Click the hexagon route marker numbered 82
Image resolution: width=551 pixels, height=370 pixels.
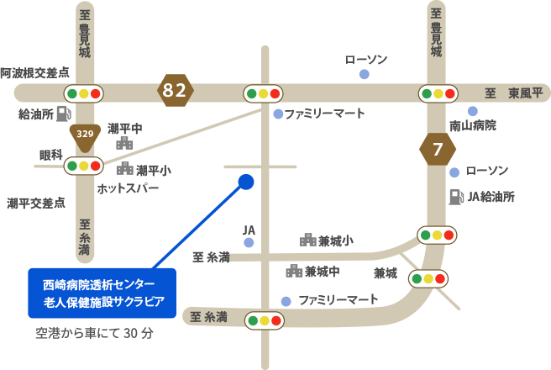click(x=175, y=90)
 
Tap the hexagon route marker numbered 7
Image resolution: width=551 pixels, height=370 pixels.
click(x=437, y=151)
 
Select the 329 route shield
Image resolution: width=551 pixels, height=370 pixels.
click(x=84, y=135)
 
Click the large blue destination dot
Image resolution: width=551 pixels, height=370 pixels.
click(x=245, y=182)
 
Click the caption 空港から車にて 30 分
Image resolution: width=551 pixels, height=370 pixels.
click(x=94, y=333)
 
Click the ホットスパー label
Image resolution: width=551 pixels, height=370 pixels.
click(x=128, y=188)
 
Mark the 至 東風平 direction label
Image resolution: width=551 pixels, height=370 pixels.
click(x=514, y=93)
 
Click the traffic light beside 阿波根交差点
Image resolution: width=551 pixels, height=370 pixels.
click(x=83, y=93)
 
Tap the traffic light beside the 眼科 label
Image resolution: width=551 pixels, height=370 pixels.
click(x=83, y=166)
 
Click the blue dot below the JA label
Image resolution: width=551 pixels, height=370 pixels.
click(x=249, y=243)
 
